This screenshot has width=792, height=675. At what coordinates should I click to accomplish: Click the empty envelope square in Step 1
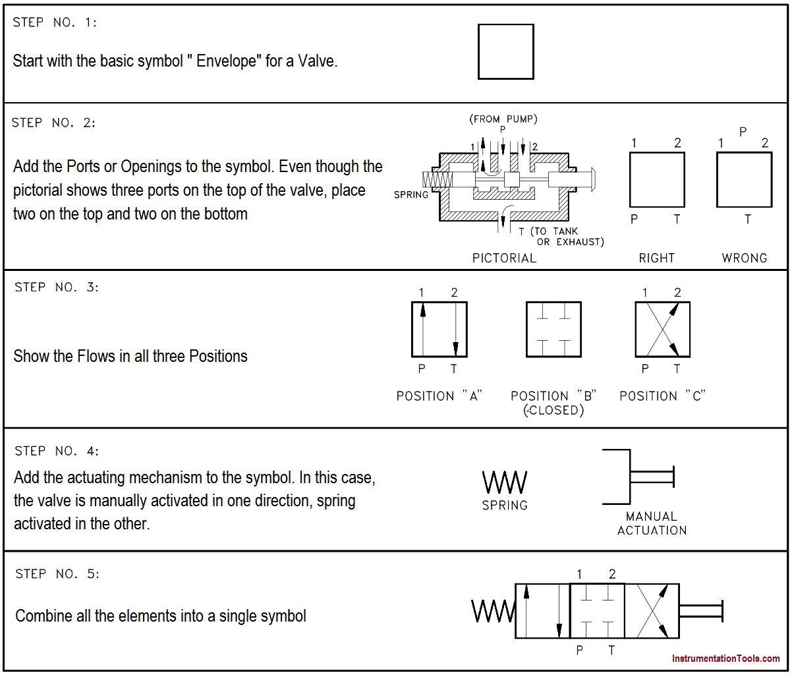point(505,52)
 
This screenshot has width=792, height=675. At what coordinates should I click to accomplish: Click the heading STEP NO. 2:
point(54,123)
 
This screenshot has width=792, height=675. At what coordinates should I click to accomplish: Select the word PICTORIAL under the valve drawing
point(504,258)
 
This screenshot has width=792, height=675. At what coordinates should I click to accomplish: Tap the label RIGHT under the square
point(657,258)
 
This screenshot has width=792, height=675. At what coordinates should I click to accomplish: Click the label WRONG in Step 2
point(745,258)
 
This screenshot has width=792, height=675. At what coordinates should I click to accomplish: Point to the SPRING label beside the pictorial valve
point(411,195)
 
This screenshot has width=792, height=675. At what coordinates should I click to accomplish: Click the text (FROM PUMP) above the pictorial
point(503,119)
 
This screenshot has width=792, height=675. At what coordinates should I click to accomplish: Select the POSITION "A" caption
point(439,396)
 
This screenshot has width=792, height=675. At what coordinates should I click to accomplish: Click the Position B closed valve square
point(553,330)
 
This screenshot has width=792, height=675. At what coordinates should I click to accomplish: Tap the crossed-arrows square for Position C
point(662,330)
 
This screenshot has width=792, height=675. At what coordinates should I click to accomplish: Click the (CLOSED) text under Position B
point(553,411)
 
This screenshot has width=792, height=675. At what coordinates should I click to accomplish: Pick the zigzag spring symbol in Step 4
point(505,483)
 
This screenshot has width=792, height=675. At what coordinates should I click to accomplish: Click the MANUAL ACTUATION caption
point(652,523)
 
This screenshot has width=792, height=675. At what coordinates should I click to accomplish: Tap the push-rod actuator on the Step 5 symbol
point(701,611)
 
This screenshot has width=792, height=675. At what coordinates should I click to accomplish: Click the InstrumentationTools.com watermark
point(725,659)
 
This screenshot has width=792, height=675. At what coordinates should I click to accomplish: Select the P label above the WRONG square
point(743,132)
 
